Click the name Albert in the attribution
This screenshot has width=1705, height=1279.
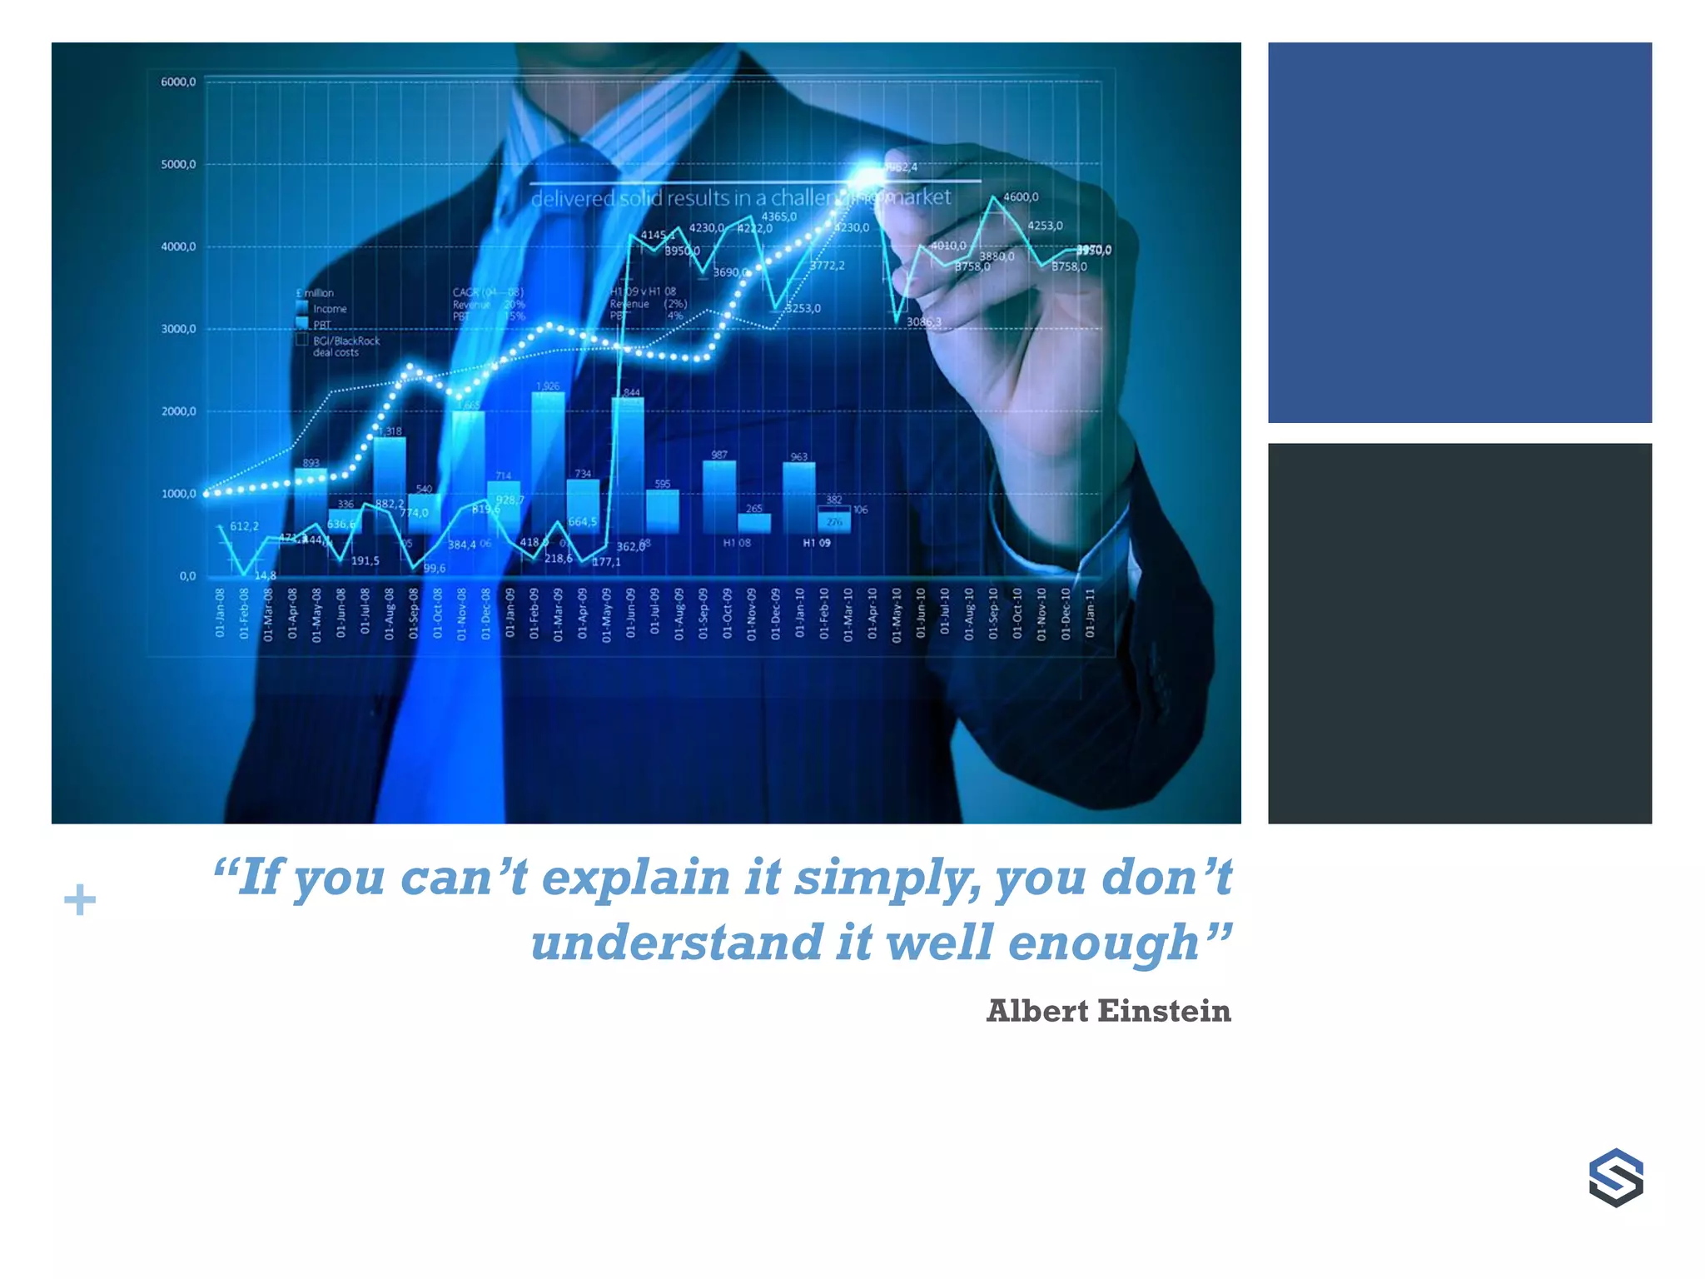(x=1037, y=1011)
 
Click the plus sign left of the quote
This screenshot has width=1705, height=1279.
(x=80, y=900)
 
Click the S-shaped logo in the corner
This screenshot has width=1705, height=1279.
(x=1615, y=1177)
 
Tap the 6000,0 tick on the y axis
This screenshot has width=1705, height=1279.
(x=178, y=82)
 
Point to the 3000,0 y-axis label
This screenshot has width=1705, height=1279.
(x=178, y=329)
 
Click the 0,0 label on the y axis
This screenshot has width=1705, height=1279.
(x=187, y=576)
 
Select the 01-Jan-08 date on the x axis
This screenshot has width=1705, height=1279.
(x=220, y=613)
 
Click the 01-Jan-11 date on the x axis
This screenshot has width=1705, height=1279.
(x=1090, y=613)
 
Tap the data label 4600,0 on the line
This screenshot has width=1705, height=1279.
(x=1021, y=197)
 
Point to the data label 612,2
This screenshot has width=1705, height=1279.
(x=244, y=526)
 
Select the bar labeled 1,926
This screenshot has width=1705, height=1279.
(x=548, y=458)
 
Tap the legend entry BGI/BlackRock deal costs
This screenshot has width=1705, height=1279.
(x=345, y=346)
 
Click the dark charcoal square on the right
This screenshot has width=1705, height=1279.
(x=1459, y=634)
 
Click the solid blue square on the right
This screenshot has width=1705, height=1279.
(x=1459, y=232)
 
